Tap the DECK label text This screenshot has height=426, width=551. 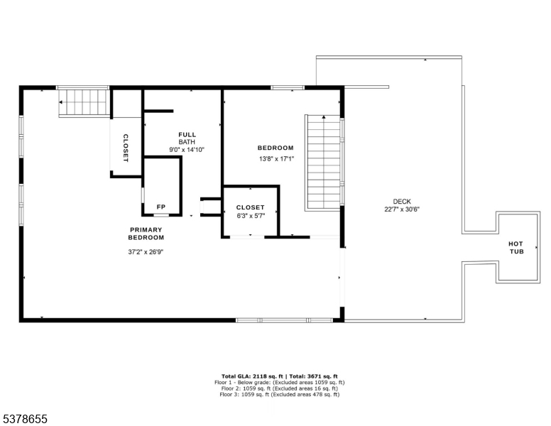pyautogui.click(x=401, y=202)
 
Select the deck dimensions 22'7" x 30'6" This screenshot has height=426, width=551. pyautogui.click(x=401, y=209)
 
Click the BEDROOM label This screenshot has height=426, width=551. pyautogui.click(x=275, y=148)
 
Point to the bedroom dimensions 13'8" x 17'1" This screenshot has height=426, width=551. pyautogui.click(x=275, y=159)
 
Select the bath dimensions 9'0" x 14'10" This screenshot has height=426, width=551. pyautogui.click(x=187, y=150)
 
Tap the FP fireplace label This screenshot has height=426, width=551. pyautogui.click(x=161, y=207)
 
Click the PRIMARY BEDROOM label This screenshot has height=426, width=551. pyautogui.click(x=146, y=234)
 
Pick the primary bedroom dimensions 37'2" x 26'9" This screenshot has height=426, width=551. pyautogui.click(x=146, y=251)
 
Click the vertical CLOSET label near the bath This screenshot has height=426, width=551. pyautogui.click(x=126, y=148)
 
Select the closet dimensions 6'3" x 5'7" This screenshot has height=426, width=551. pyautogui.click(x=250, y=216)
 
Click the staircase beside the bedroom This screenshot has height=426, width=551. pyautogui.click(x=323, y=162)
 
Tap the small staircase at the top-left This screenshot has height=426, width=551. pyautogui.click(x=84, y=103)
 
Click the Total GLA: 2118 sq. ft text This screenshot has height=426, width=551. pyautogui.click(x=251, y=376)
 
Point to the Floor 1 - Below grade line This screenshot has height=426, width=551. pyautogui.click(x=279, y=382)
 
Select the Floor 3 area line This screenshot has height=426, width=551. pyautogui.click(x=279, y=395)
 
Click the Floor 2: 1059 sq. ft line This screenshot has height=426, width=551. pyautogui.click(x=279, y=388)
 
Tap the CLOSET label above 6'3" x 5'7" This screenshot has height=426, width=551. pyautogui.click(x=250, y=207)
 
